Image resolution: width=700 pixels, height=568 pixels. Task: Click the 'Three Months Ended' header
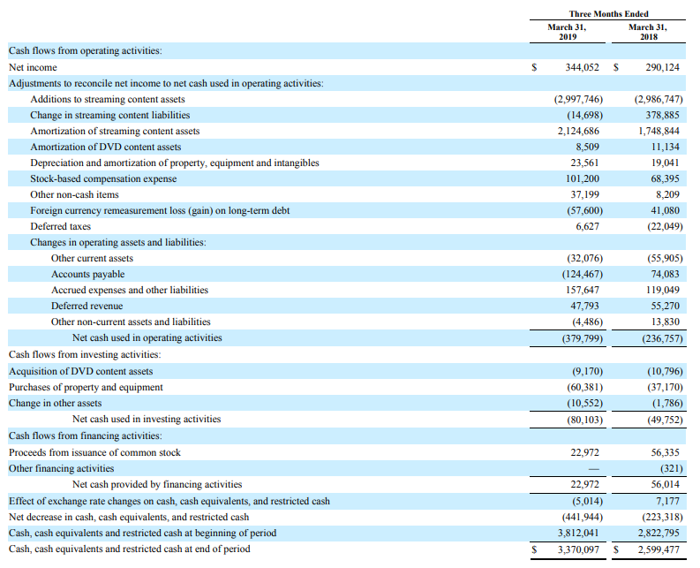click(608, 14)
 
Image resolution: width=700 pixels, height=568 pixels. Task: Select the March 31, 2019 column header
click(567, 32)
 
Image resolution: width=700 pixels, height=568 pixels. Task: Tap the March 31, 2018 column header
click(647, 32)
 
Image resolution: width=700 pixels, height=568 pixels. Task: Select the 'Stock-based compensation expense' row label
click(103, 178)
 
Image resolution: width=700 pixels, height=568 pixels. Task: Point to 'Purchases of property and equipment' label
click(86, 387)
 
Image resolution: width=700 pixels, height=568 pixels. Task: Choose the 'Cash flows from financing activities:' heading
click(85, 435)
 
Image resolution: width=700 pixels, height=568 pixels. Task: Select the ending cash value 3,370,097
click(578, 549)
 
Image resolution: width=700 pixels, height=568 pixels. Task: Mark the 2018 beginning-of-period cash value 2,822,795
click(659, 533)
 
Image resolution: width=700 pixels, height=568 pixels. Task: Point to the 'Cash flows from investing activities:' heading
click(84, 354)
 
